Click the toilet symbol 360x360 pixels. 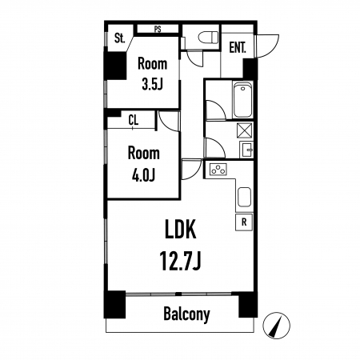(x=209, y=37)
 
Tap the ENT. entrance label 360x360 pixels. (x=238, y=48)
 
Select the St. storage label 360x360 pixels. (x=120, y=38)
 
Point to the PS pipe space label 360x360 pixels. (x=158, y=29)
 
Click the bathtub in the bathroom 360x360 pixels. (x=242, y=100)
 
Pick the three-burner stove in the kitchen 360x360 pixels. (x=218, y=170)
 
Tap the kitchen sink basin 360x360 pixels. (x=244, y=197)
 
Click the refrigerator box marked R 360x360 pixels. (x=244, y=222)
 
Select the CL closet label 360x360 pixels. (x=134, y=121)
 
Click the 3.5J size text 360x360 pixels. (x=152, y=85)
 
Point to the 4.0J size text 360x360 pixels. (x=143, y=175)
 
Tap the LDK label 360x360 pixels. (x=181, y=229)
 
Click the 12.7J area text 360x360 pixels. (x=180, y=261)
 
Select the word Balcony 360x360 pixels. (x=186, y=314)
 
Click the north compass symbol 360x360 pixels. (x=276, y=326)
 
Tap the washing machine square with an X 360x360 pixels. (x=245, y=130)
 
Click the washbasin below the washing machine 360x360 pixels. (x=246, y=150)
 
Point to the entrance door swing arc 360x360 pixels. (x=267, y=46)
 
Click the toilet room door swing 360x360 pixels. (x=195, y=58)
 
